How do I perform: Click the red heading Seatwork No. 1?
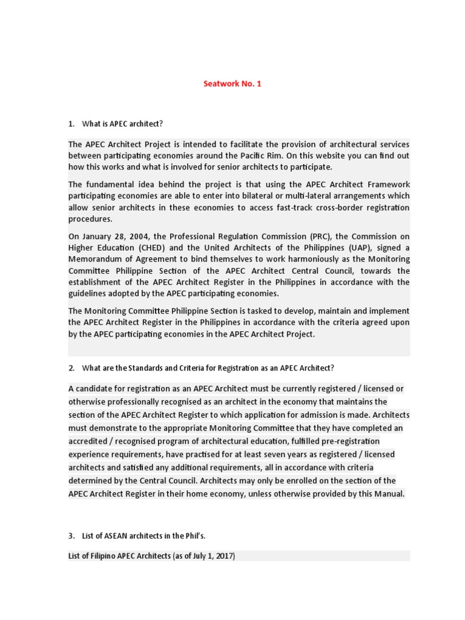pos(232,84)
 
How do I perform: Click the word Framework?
pos(386,185)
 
